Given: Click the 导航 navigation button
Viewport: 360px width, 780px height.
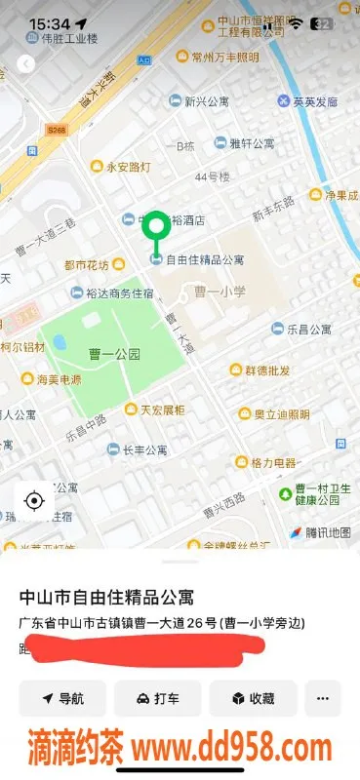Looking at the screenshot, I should [62, 698].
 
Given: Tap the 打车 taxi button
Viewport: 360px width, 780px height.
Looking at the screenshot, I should [157, 698].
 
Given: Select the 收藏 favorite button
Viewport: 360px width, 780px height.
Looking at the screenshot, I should [252, 698].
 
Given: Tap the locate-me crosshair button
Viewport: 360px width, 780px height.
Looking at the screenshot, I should [34, 501].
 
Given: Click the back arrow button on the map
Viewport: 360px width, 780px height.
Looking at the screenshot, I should [26, 64].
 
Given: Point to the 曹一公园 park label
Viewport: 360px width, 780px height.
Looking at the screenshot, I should [114, 354].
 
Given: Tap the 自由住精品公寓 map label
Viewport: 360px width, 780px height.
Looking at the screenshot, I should [204, 259].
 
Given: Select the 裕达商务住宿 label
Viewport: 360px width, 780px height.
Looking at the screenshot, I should [119, 292].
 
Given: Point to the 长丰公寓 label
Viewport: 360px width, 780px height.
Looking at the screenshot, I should [147, 449].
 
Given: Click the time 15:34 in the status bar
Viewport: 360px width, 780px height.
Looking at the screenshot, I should [49, 23].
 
